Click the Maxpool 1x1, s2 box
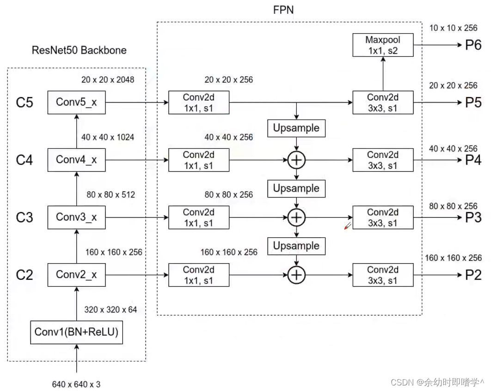pyautogui.click(x=383, y=45)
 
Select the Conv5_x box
pyautogui.click(x=76, y=102)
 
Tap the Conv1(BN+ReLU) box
pyautogui.click(x=76, y=332)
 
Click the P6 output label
pyautogui.click(x=473, y=45)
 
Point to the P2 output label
pyautogui.click(x=473, y=275)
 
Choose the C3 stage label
pyautogui.click(x=25, y=217)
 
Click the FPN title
pyautogui.click(x=283, y=10)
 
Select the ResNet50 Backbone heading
pyautogui.click(x=79, y=50)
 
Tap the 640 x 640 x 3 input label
pyautogui.click(x=76, y=384)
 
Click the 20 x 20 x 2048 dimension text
pyautogui.click(x=108, y=80)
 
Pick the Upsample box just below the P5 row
pyautogui.click(x=296, y=128)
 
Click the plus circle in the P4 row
pyautogui.click(x=296, y=160)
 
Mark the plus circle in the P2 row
pyautogui.click(x=296, y=275)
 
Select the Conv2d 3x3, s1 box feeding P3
pyautogui.click(x=383, y=217)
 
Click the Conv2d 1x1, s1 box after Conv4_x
pyautogui.click(x=198, y=160)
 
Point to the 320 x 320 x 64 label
pyautogui.click(x=110, y=310)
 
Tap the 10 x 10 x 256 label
pyautogui.click(x=453, y=28)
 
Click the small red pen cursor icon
pyautogui.click(x=348, y=226)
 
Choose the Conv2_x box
pyautogui.click(x=76, y=275)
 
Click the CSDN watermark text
pyautogui.click(x=437, y=382)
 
